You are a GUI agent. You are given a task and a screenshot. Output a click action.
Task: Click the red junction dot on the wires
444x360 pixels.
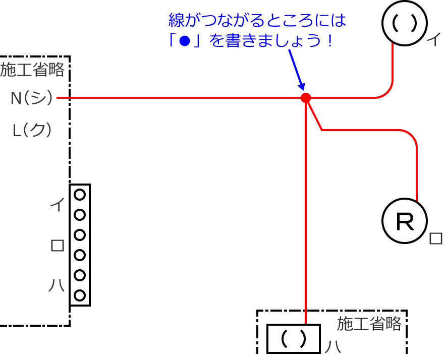[x=305, y=98]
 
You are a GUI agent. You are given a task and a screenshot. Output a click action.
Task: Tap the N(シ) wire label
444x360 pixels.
[x=32, y=98]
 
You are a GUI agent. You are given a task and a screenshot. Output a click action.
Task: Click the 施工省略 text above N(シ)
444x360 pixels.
[x=32, y=70]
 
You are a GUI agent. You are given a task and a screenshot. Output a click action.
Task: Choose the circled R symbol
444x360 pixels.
[x=404, y=222]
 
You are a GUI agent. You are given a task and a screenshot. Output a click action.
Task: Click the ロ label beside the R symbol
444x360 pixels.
[x=435, y=238]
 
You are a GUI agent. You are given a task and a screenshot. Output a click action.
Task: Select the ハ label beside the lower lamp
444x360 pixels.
[x=332, y=347]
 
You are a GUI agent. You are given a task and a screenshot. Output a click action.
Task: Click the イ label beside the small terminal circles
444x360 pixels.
[x=58, y=204]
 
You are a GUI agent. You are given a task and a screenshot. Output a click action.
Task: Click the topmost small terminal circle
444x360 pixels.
[x=80, y=195]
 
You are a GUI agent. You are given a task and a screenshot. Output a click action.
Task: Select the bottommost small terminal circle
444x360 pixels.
[x=80, y=295]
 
